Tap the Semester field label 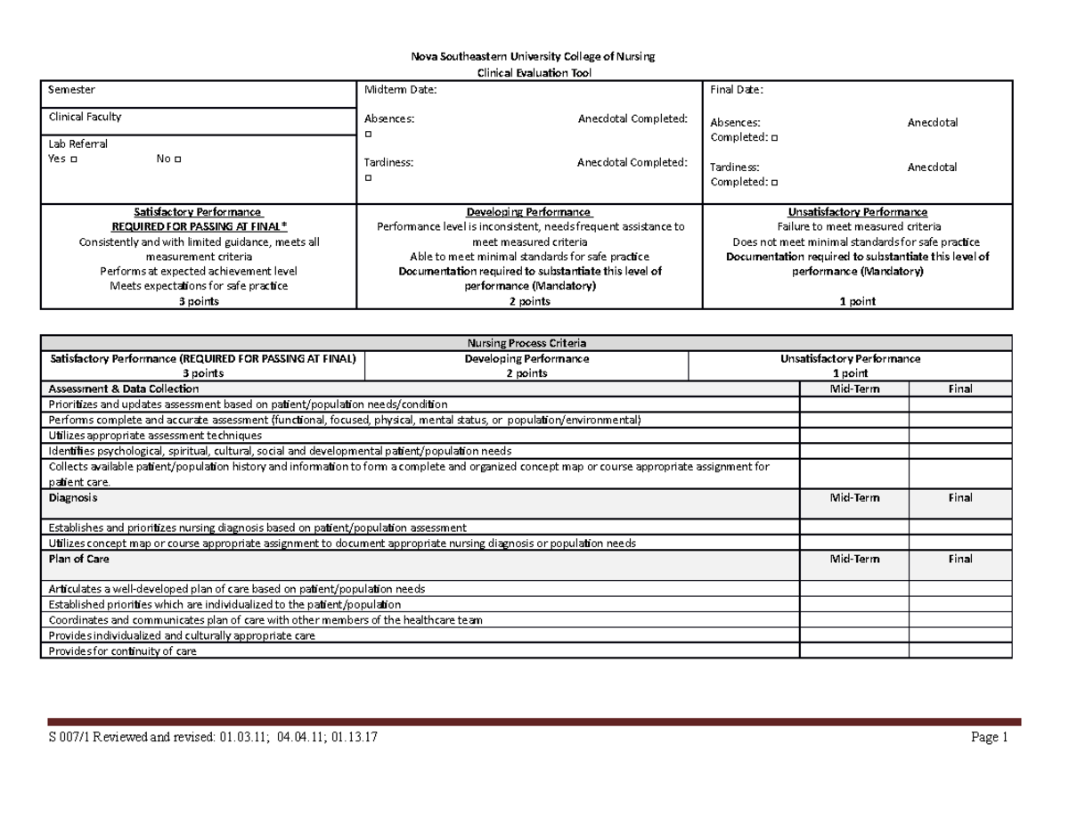click(x=71, y=90)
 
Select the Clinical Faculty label click(x=85, y=117)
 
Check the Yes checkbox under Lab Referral click(x=72, y=159)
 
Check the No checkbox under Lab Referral click(x=177, y=159)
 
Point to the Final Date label click(x=736, y=90)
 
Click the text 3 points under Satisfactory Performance click(x=198, y=301)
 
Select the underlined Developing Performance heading click(x=529, y=212)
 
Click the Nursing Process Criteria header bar click(x=526, y=343)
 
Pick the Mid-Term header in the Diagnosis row click(x=853, y=498)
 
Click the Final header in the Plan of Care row click(x=959, y=559)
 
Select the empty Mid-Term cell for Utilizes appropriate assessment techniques click(x=853, y=436)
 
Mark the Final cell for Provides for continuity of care click(x=959, y=651)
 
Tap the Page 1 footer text click(x=991, y=737)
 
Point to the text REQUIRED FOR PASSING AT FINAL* click(x=198, y=227)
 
